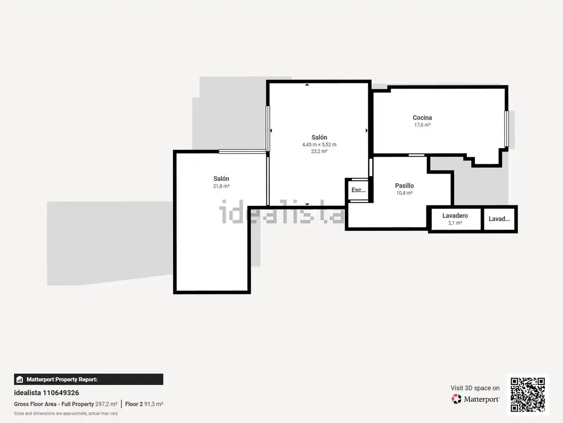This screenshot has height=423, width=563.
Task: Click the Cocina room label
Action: click(422, 117)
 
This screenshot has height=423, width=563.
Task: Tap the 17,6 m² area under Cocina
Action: click(422, 125)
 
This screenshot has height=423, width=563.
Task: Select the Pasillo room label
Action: click(404, 185)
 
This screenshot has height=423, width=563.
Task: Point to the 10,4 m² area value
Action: click(404, 193)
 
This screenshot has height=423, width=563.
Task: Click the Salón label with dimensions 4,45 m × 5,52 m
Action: click(319, 137)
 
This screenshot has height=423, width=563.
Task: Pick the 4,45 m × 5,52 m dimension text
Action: click(319, 145)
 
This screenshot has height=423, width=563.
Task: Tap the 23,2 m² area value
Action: click(319, 152)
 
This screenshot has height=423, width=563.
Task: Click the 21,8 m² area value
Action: click(221, 186)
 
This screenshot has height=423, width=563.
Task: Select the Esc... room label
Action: click(358, 190)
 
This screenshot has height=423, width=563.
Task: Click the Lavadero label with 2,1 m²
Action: click(455, 215)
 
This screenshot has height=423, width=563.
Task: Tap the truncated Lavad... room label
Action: click(499, 219)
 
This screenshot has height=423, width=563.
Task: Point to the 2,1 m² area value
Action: click(455, 223)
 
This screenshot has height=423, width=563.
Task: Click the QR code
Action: click(527, 395)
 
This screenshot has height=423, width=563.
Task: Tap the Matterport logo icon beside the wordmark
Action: click(456, 399)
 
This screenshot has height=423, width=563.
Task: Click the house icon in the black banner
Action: click(20, 380)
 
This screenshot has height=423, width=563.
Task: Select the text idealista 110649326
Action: click(47, 393)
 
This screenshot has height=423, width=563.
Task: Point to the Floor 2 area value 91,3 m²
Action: click(154, 404)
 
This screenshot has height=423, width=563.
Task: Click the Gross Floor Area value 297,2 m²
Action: click(106, 404)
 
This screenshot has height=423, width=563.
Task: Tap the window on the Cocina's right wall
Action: click(507, 129)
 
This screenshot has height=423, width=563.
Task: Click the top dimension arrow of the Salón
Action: click(307, 85)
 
